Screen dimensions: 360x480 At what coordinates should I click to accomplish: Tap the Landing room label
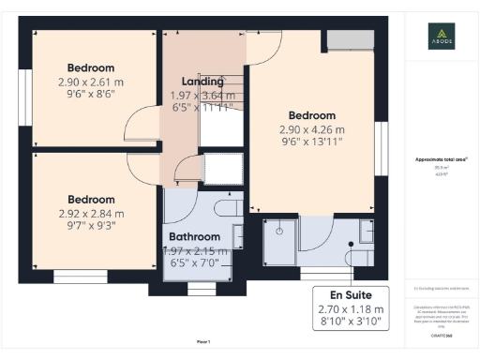pos(202,81)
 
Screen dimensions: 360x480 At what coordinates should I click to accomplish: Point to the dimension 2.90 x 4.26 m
pos(311,128)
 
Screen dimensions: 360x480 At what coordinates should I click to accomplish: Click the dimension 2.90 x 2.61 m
pos(91,82)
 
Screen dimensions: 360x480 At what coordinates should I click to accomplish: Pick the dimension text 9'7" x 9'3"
pos(91,227)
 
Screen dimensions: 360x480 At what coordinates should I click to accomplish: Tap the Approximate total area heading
pos(442,159)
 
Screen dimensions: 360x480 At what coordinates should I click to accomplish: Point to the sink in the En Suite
pos(367,230)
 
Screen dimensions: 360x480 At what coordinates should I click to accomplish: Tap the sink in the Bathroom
pos(238,233)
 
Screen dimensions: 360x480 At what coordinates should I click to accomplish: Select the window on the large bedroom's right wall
pos(382,140)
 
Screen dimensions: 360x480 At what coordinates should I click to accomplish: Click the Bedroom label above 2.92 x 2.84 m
pos(91,200)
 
